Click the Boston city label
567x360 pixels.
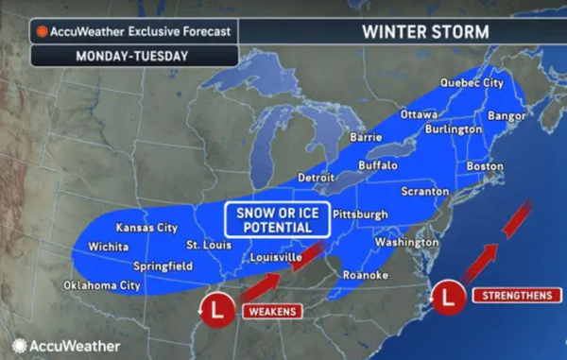coord(486,166)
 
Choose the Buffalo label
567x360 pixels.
coord(379,165)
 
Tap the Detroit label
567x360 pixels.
coord(317,177)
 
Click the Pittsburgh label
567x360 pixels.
coord(361,214)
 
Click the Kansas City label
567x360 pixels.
coord(146,228)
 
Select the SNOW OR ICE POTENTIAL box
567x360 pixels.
coord(277,220)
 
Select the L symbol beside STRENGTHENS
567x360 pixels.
coord(451,296)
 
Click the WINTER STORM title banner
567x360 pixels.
coord(425,31)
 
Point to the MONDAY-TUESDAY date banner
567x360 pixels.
coord(120,56)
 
